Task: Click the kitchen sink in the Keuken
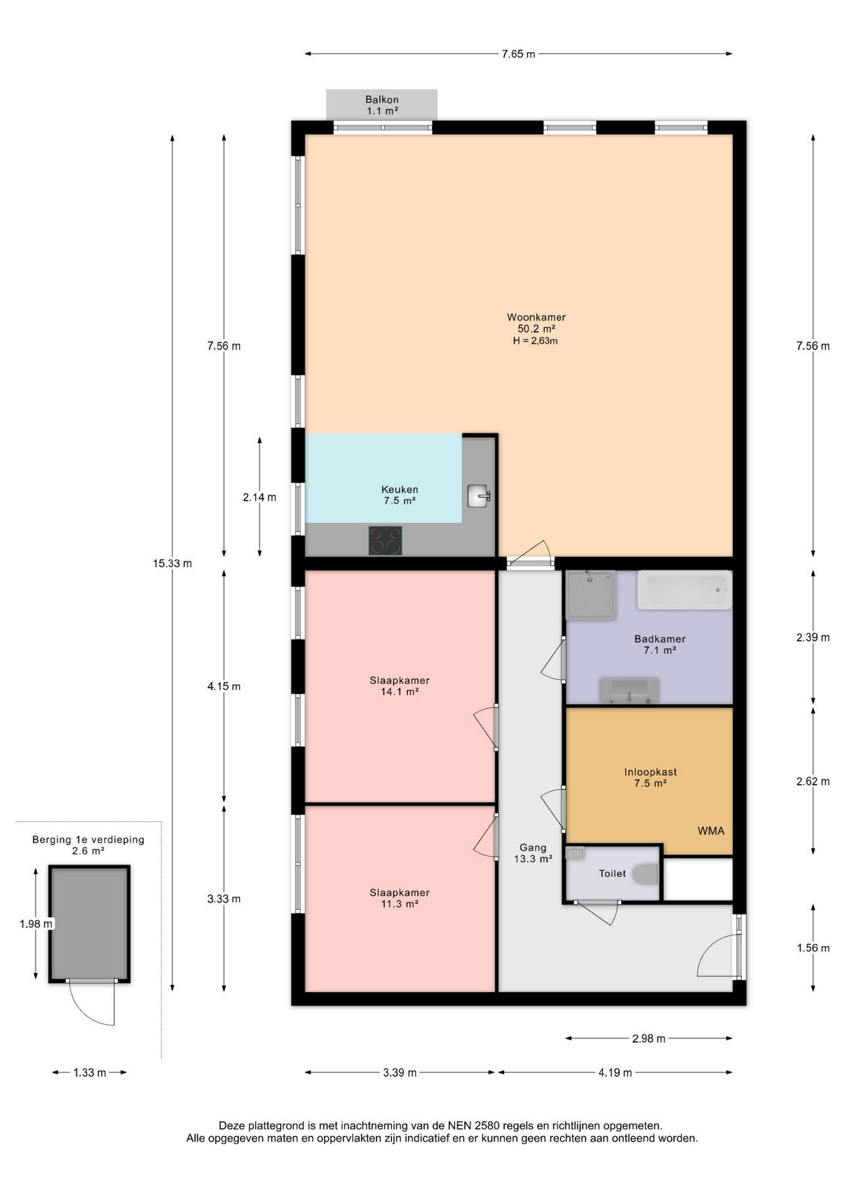[x=479, y=496]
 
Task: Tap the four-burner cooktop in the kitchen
[x=385, y=540]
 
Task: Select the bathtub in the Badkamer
[x=684, y=590]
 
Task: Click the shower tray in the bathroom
[x=591, y=595]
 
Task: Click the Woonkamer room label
[x=536, y=317]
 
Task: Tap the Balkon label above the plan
[x=382, y=99]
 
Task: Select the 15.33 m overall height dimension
[x=172, y=563]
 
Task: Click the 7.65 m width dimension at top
[x=518, y=53]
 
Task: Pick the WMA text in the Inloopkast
[x=711, y=831]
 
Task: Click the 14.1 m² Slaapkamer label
[x=399, y=685]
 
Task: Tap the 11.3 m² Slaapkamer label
[x=399, y=898]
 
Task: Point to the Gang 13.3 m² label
[x=533, y=853]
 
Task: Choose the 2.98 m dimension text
[x=648, y=1039]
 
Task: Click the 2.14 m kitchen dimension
[x=259, y=497]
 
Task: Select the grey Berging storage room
[x=90, y=923]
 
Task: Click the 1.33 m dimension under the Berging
[x=90, y=1072]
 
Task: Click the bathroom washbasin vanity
[x=628, y=690]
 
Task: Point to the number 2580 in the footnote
[x=487, y=1126]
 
